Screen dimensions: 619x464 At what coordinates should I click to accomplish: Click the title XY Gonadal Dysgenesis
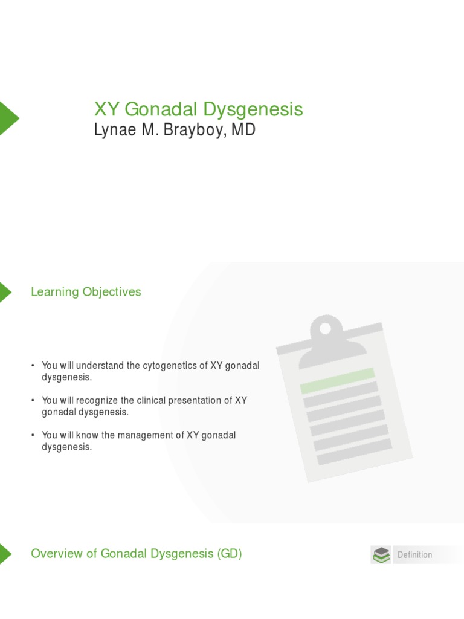pyautogui.click(x=198, y=109)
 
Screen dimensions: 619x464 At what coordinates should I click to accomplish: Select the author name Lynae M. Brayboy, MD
pyautogui.click(x=174, y=130)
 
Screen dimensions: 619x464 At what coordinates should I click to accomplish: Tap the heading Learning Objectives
pyautogui.click(x=86, y=292)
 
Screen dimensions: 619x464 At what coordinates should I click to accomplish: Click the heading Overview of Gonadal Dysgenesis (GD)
pyautogui.click(x=136, y=553)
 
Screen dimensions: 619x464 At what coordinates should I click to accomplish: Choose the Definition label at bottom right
pyautogui.click(x=414, y=555)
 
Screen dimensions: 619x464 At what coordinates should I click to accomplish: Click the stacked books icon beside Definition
pyautogui.click(x=381, y=555)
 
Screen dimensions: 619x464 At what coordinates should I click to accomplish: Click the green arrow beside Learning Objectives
pyautogui.click(x=5, y=292)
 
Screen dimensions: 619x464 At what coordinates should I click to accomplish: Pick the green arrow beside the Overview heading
pyautogui.click(x=5, y=553)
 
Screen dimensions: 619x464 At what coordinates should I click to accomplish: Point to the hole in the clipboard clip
pyautogui.click(x=326, y=329)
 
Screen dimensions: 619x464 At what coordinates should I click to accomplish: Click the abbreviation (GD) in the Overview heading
pyautogui.click(x=229, y=553)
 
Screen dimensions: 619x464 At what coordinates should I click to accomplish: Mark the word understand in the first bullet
pyautogui.click(x=98, y=366)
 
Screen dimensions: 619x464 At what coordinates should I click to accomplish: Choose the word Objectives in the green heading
pyautogui.click(x=112, y=292)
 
